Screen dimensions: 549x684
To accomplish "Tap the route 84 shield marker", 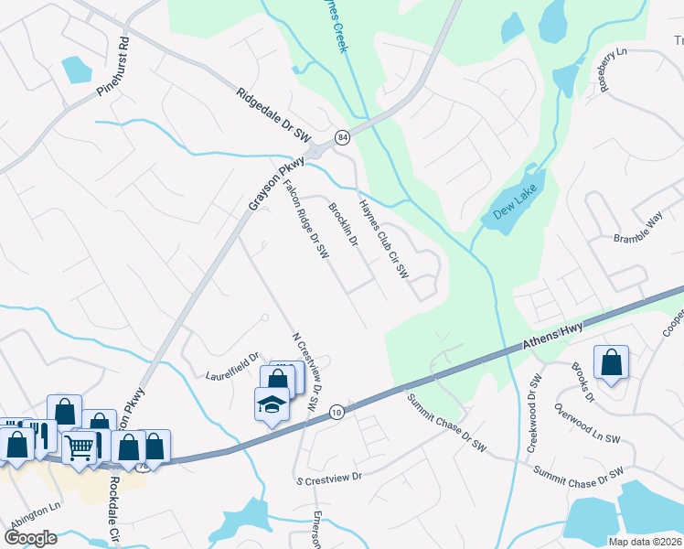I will coord(342,136).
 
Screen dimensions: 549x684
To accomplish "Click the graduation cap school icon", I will coord(272,404).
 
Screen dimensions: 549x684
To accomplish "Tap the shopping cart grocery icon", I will coord(80,447).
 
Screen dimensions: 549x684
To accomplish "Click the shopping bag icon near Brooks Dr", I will coord(611,362).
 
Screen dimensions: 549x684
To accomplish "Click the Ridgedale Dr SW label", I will coord(274,115).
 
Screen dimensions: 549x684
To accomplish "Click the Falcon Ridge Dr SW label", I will coord(305,220).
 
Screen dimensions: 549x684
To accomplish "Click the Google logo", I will coord(30,537).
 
